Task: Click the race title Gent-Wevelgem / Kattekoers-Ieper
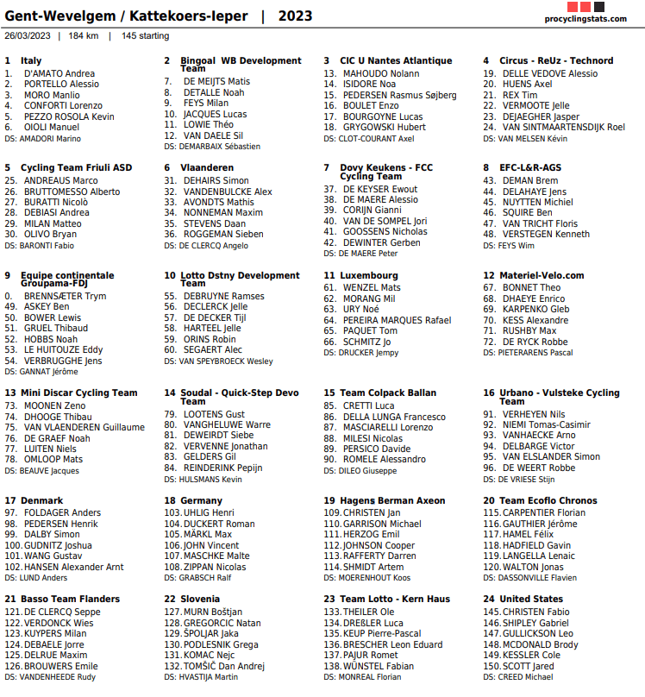tap(126, 16)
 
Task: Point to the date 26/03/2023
tap(28, 35)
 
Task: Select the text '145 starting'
tap(146, 35)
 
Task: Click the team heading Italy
tap(31, 60)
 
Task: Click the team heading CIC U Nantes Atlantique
tap(396, 60)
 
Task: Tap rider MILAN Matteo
tap(53, 223)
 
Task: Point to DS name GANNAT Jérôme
tap(48, 371)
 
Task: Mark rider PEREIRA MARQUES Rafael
tap(397, 320)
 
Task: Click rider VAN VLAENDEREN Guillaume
tap(84, 427)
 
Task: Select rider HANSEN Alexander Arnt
tap(73, 567)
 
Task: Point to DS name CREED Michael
tap(532, 676)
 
